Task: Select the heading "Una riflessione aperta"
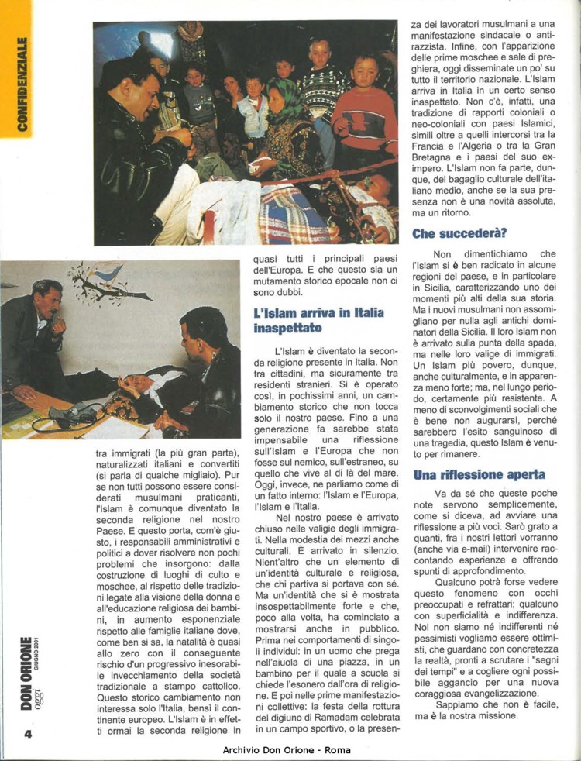[479, 474]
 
